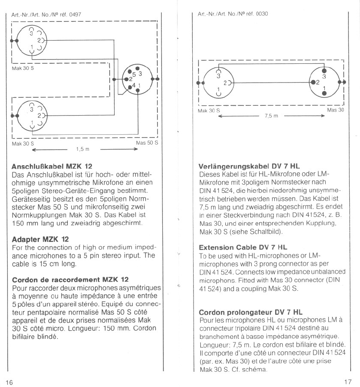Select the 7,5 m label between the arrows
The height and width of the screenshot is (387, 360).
tap(271, 116)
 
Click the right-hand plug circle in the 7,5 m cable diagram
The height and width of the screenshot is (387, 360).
tap(324, 82)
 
